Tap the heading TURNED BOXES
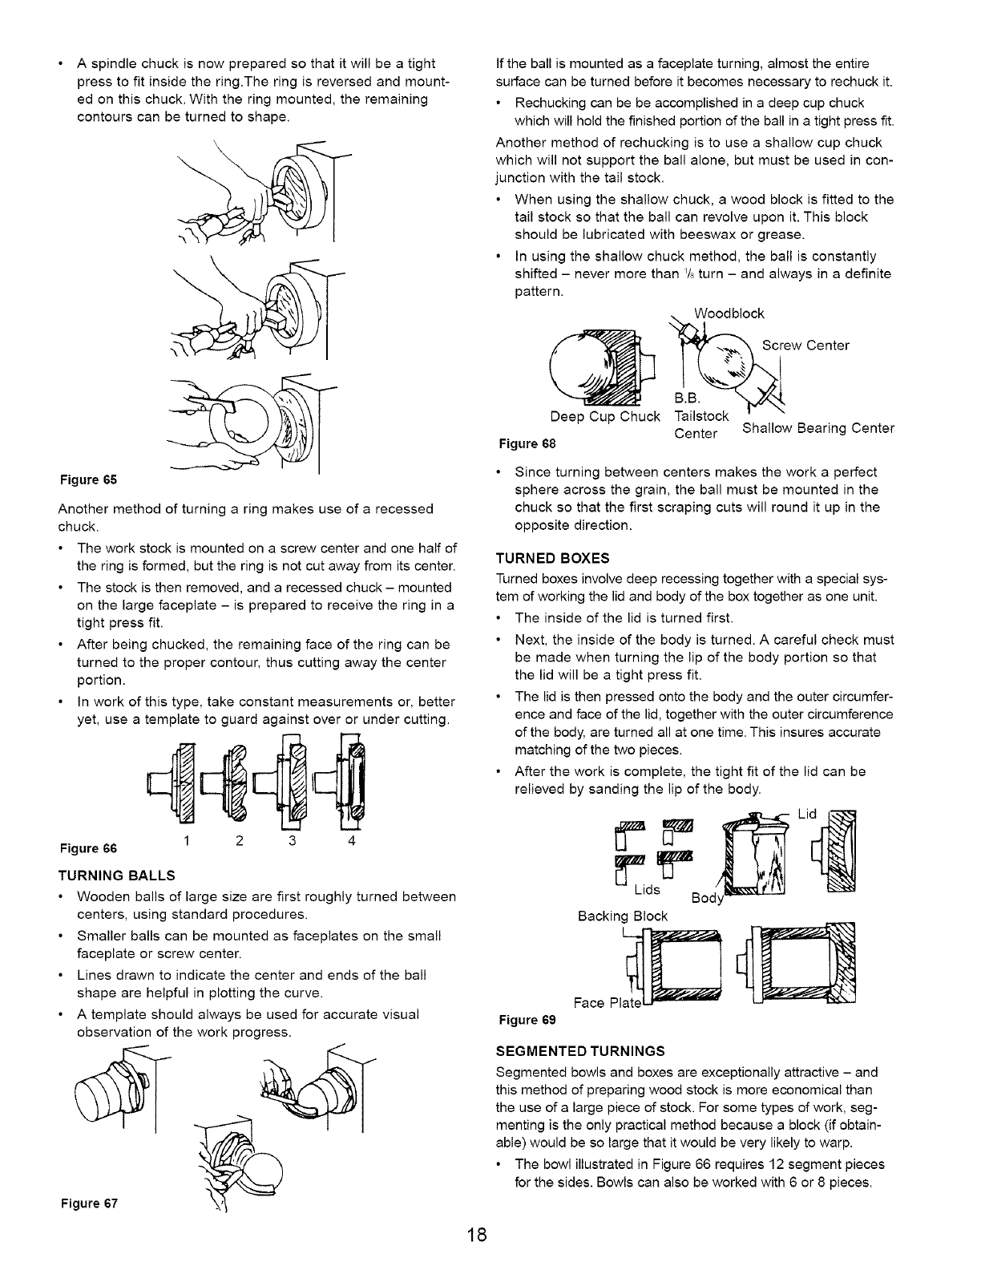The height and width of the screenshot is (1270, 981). [x=553, y=557]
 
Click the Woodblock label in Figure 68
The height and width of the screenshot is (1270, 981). [x=729, y=313]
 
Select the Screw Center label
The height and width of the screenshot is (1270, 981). [x=805, y=346]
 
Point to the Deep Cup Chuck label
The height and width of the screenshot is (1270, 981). [x=605, y=417]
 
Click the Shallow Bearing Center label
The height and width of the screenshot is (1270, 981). [x=818, y=428]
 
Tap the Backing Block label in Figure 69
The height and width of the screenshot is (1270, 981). [x=622, y=916]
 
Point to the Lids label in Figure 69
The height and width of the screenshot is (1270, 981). [x=648, y=890]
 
